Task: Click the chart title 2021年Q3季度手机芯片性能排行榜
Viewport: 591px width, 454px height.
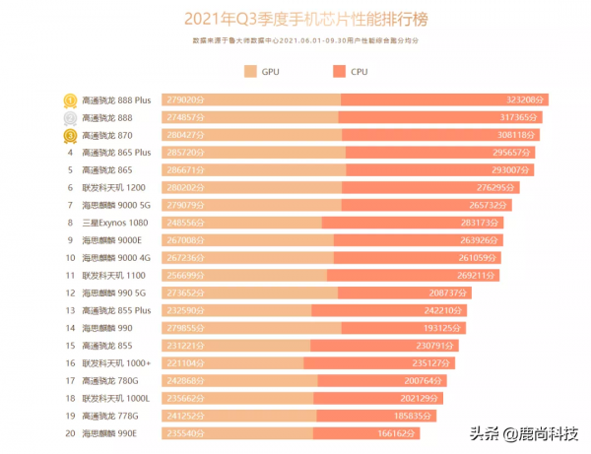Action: coord(295,19)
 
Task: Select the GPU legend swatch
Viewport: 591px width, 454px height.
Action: coord(250,71)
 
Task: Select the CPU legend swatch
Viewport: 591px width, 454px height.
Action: coord(340,71)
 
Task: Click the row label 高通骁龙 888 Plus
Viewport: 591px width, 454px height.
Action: coord(115,99)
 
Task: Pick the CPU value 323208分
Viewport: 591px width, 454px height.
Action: coord(526,99)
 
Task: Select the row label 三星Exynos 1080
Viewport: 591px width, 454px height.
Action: coord(113,223)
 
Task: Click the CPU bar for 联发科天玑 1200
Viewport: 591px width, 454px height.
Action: coord(424,187)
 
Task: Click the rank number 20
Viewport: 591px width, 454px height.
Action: coord(71,432)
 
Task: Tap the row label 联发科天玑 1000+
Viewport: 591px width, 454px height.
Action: coord(115,362)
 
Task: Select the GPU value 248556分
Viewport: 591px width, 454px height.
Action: coord(186,223)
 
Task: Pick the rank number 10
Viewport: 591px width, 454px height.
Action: coord(71,257)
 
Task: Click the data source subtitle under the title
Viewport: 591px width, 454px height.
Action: coord(295,41)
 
